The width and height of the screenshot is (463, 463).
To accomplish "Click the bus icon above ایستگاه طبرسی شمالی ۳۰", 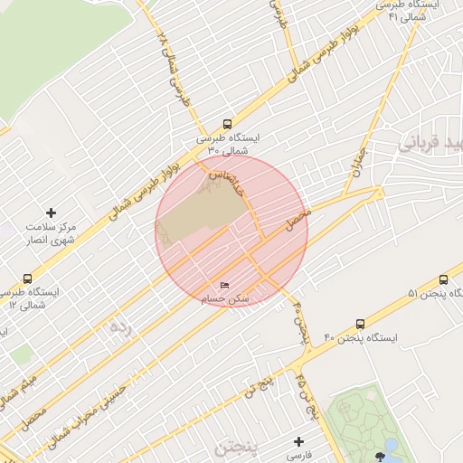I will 227,126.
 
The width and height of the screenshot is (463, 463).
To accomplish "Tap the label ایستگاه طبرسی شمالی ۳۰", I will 227,144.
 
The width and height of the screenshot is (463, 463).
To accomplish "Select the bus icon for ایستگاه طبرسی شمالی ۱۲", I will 27,279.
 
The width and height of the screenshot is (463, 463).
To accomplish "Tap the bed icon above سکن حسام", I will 225,286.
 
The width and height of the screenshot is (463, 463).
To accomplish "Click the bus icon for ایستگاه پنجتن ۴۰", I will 361,323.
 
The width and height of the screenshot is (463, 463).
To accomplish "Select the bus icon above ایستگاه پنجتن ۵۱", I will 444,279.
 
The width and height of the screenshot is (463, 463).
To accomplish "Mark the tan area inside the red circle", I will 199,213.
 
